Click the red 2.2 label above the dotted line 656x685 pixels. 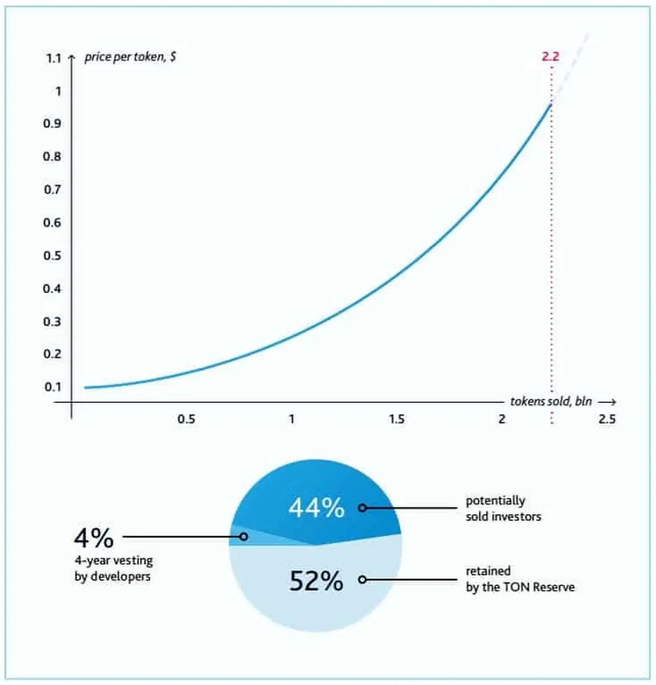pyautogui.click(x=550, y=56)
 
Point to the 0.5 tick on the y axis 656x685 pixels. pyautogui.click(x=52, y=256)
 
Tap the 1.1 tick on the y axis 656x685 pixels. pyautogui.click(x=54, y=58)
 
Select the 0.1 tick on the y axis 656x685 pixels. pyautogui.click(x=52, y=387)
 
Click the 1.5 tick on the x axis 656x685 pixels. pyautogui.click(x=397, y=419)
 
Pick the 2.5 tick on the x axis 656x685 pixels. pyautogui.click(x=607, y=419)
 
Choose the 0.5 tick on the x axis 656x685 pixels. pyautogui.click(x=186, y=419)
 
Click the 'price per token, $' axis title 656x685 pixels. pyautogui.click(x=130, y=57)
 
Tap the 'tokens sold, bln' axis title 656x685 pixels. pyautogui.click(x=551, y=401)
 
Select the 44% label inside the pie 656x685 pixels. pyautogui.click(x=317, y=508)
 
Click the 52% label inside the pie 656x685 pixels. pyautogui.click(x=317, y=581)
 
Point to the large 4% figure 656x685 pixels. pyautogui.click(x=94, y=538)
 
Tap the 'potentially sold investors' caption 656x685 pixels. pyautogui.click(x=503, y=508)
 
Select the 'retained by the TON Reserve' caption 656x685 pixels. pyautogui.click(x=520, y=579)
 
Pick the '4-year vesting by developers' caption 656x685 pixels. pyautogui.click(x=114, y=568)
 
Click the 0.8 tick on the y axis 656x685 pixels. pyautogui.click(x=52, y=157)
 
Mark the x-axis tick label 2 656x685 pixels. pyautogui.click(x=502, y=419)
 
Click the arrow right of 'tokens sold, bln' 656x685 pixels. pyautogui.click(x=607, y=402)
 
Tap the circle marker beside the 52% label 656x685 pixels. pyautogui.click(x=362, y=579)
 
